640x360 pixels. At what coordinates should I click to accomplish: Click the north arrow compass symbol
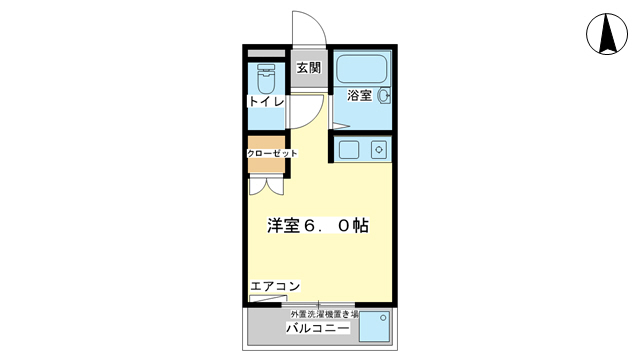[606, 34]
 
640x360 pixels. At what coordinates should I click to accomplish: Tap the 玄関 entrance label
[309, 68]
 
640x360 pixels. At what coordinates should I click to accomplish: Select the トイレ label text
[266, 102]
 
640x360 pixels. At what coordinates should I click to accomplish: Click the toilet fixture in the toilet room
[266, 78]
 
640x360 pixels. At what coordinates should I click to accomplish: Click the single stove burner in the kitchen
[378, 150]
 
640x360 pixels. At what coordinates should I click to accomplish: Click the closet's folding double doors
[267, 185]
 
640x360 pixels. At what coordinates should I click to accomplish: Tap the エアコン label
[274, 287]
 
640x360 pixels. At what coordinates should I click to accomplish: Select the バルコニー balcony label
[317, 328]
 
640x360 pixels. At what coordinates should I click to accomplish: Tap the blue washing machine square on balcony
[374, 327]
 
